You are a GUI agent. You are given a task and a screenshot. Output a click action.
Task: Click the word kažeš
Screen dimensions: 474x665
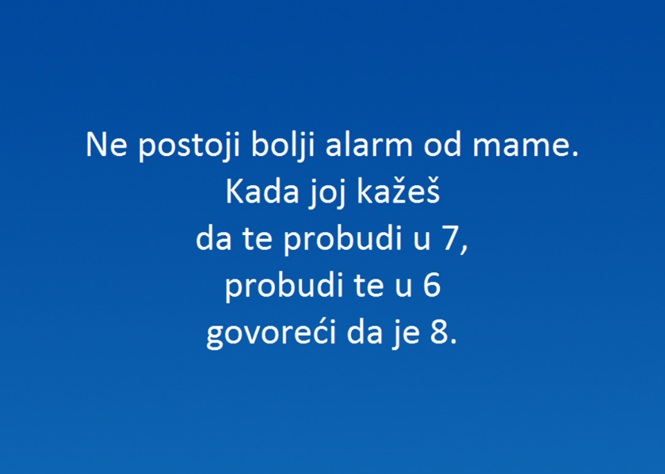click(x=398, y=193)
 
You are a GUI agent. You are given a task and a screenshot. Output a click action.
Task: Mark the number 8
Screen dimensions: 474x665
click(x=438, y=335)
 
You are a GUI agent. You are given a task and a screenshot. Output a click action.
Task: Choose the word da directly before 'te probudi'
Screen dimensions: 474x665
click(x=213, y=240)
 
